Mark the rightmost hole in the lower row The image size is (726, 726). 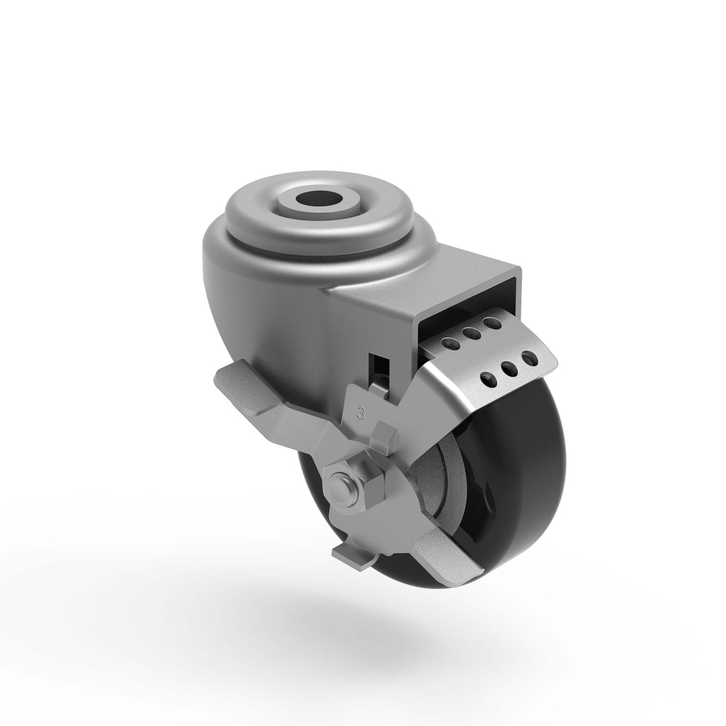pos(527,359)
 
